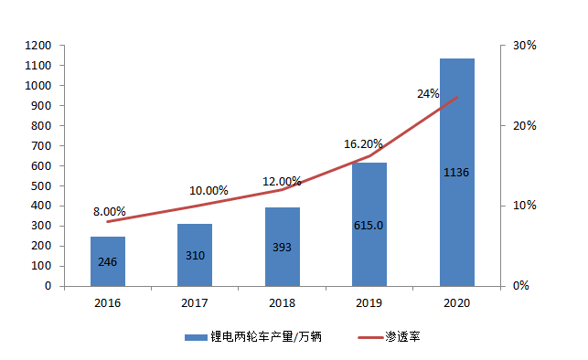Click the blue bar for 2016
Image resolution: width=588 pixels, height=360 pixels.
[107, 260]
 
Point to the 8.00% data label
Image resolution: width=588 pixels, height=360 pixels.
[110, 211]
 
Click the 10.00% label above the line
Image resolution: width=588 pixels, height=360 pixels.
[208, 190]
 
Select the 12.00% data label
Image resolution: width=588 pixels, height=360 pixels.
[283, 181]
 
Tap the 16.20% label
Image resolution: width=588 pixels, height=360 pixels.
[363, 143]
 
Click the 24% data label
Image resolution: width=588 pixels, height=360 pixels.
[428, 93]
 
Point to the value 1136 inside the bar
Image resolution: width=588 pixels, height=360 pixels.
[456, 172]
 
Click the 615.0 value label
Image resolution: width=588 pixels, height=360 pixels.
[369, 226]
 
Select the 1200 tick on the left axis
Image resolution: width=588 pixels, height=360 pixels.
[37, 46]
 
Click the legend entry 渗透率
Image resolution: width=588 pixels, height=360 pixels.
[403, 336]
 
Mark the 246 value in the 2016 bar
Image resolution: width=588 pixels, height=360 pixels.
[107, 262]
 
